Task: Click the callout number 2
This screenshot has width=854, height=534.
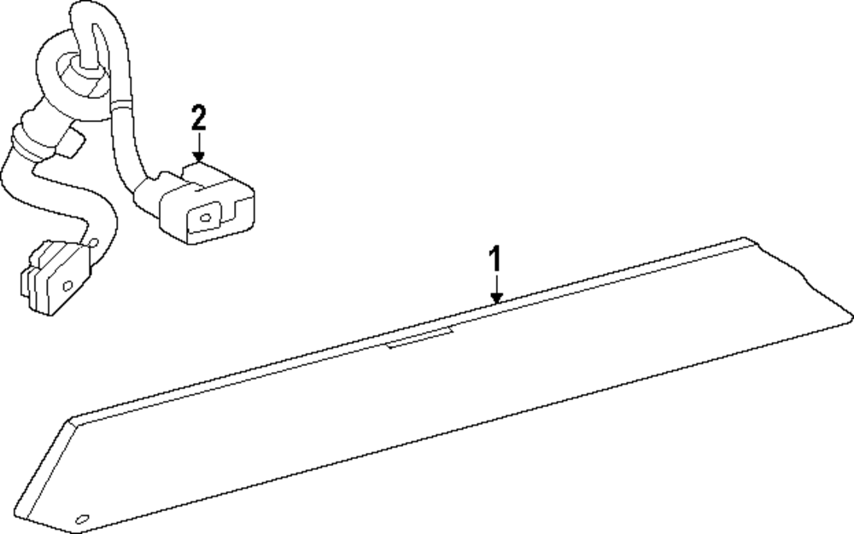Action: [x=199, y=118]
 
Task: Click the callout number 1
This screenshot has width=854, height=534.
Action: [x=494, y=258]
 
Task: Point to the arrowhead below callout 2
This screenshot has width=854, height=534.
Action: [x=199, y=157]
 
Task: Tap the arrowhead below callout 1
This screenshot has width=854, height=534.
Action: [x=495, y=298]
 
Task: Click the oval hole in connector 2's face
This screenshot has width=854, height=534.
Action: [x=205, y=218]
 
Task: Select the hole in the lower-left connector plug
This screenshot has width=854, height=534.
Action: [x=68, y=286]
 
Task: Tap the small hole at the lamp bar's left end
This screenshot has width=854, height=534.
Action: [x=82, y=519]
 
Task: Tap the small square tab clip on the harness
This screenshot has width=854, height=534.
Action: [x=73, y=143]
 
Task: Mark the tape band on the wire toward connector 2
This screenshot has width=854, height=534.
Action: [x=121, y=103]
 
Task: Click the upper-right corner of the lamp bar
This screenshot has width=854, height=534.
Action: [x=745, y=238]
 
